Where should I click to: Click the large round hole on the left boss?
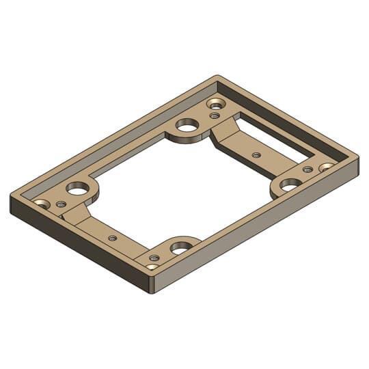[x=77, y=187]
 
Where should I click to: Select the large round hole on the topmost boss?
[x=185, y=126]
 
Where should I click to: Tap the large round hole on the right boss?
[x=290, y=184]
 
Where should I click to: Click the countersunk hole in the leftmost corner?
[x=42, y=204]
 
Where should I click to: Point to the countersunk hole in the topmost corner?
[x=217, y=104]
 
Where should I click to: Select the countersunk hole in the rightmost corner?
[x=326, y=166]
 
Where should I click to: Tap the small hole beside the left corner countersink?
[x=61, y=204]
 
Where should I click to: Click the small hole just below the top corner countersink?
[x=215, y=115]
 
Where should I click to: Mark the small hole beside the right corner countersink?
[x=307, y=169]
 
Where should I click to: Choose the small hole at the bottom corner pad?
[x=154, y=258]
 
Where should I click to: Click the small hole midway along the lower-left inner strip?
[x=112, y=237]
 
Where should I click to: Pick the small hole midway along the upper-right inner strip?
[x=256, y=155]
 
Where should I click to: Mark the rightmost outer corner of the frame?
[x=358, y=164]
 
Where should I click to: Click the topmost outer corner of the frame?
[x=217, y=76]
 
